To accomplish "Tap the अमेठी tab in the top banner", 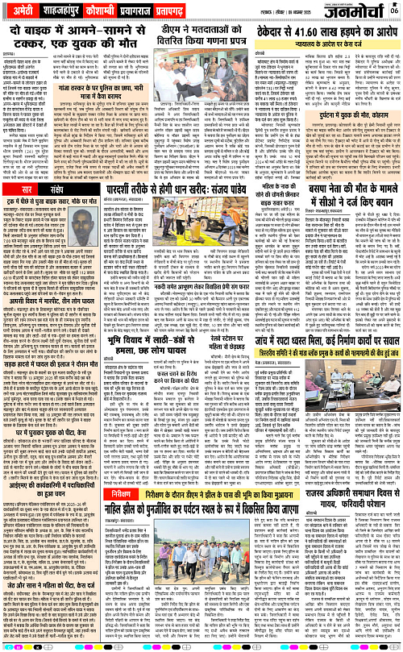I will [x=27, y=10].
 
